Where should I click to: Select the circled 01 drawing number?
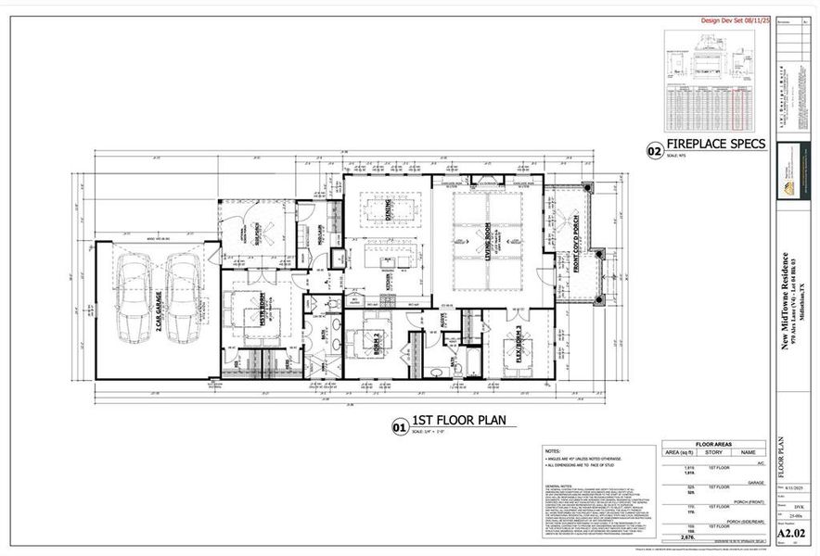tap(399, 427)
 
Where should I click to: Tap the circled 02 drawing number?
tap(655, 149)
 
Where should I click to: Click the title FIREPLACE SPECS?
tap(716, 145)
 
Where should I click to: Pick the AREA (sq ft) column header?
tap(680, 453)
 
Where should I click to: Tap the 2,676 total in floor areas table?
tap(687, 536)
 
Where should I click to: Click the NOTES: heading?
tap(554, 450)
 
